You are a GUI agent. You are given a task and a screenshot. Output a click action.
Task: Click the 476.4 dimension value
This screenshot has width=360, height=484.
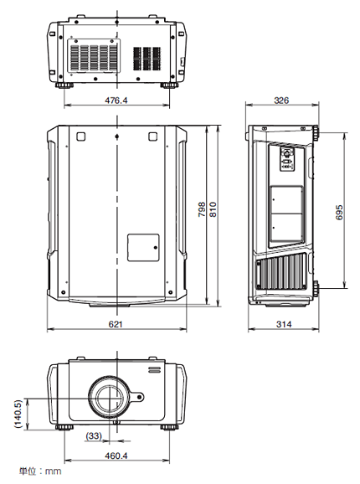(116, 100)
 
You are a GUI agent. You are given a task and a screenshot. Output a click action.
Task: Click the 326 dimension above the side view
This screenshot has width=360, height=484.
(281, 100)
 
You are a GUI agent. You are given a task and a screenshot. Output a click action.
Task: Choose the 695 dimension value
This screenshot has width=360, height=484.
(339, 211)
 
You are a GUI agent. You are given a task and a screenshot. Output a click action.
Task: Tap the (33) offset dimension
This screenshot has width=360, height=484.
(95, 435)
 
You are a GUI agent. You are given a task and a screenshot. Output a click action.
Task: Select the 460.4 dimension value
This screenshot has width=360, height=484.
(116, 456)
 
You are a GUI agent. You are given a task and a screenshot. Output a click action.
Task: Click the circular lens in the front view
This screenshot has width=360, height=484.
(109, 397)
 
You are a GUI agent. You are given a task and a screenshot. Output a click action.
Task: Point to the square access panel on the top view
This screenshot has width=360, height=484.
(142, 247)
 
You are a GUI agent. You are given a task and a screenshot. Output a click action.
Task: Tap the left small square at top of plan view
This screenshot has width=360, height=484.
(80, 137)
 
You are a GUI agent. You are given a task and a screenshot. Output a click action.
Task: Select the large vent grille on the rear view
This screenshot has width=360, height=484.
(94, 57)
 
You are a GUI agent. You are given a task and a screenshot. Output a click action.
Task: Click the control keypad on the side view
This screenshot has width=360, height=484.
(288, 159)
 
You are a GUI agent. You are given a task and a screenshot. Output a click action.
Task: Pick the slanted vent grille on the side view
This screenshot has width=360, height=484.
(281, 272)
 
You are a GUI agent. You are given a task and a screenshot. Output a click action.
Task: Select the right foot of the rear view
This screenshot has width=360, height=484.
(170, 84)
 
